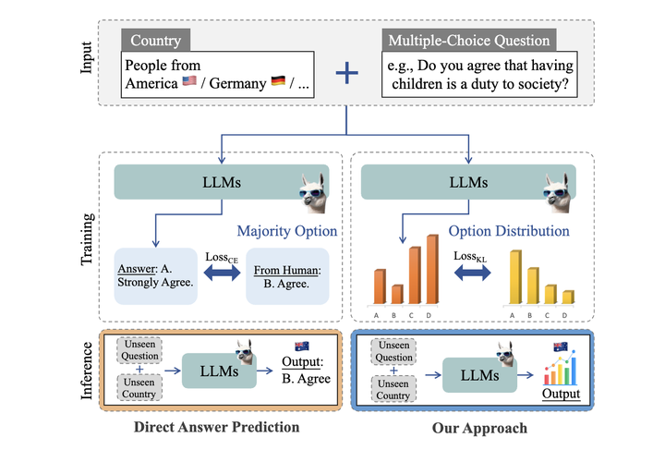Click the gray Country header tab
point(156,41)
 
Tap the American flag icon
point(189,80)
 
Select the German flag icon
point(278,80)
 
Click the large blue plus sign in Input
point(347,73)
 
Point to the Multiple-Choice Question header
point(469,41)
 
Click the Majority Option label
point(287,231)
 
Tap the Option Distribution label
point(509,231)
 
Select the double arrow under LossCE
point(222,273)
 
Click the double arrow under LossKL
point(472,273)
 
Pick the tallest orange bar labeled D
point(432,269)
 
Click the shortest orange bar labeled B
point(397,295)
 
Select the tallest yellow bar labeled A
point(515,277)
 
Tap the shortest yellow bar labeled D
point(568,298)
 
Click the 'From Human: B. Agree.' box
point(287,276)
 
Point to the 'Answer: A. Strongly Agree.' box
point(156,276)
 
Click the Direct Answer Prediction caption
point(217,427)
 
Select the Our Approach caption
point(479,428)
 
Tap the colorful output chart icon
point(561,368)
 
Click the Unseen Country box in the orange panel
point(139,388)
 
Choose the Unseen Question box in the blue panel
point(393,351)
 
